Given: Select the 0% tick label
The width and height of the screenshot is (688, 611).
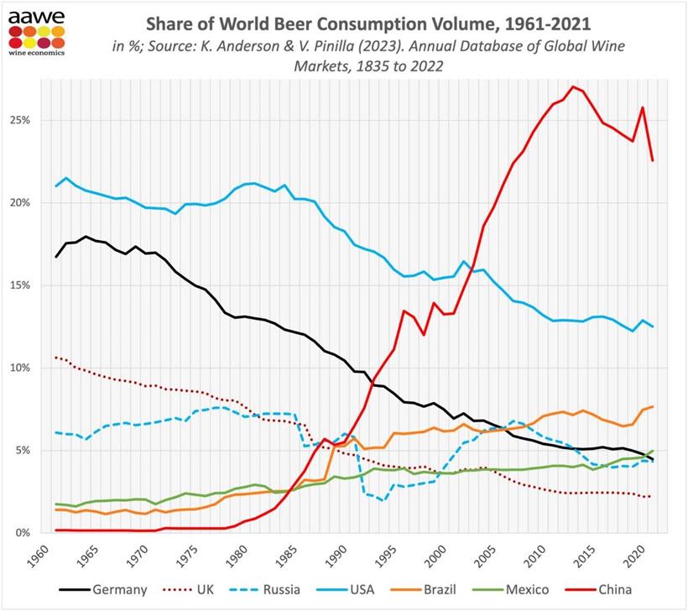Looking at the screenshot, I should coord(23,533).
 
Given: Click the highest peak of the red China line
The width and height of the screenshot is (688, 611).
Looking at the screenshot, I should coord(572,86).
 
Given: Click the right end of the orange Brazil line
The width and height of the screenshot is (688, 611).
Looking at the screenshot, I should coord(653,406).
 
